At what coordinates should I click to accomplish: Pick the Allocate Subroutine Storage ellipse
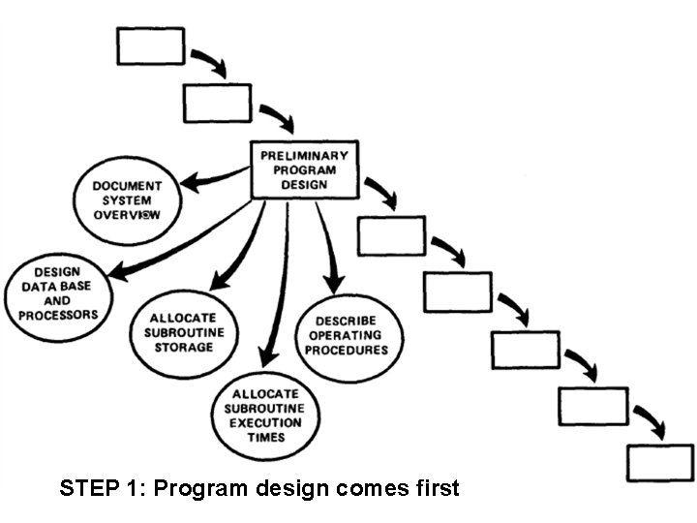pos(181,332)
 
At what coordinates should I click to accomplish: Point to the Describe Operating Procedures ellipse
pos(345,334)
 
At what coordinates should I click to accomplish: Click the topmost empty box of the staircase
pos(150,46)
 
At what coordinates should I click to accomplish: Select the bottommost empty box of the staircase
pos(659,462)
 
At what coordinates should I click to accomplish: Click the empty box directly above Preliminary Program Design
pos(217,103)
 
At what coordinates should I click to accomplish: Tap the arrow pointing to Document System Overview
pos(213,181)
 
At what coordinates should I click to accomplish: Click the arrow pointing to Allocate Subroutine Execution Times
pos(277,291)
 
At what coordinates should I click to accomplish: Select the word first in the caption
pos(435,487)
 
